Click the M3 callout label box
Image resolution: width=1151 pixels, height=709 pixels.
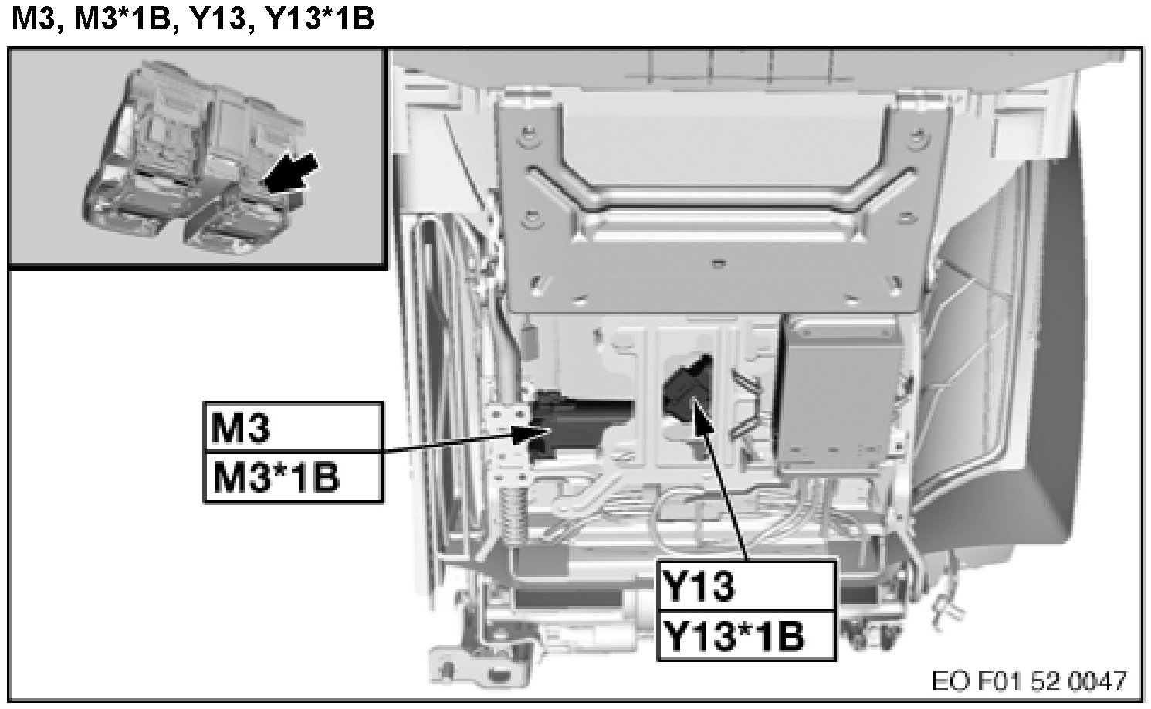(x=293, y=427)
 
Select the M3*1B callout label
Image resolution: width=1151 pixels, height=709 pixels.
(x=293, y=477)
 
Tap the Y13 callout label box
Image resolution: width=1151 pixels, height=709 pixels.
(x=746, y=586)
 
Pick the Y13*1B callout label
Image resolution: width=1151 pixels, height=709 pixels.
(x=746, y=636)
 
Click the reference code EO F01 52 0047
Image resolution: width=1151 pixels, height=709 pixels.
(x=1029, y=682)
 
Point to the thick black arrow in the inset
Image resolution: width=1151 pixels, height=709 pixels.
(x=291, y=173)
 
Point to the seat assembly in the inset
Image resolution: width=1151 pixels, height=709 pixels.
(x=195, y=159)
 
